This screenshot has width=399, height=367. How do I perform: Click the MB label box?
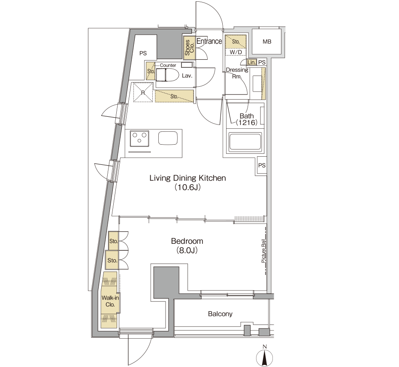(267, 42)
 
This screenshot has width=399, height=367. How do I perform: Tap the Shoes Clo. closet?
(189, 48)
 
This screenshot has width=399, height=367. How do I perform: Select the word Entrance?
(209, 41)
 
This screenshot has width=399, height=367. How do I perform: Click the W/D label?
(236, 52)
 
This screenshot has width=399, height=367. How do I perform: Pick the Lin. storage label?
(251, 62)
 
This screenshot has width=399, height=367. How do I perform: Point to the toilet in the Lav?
(164, 75)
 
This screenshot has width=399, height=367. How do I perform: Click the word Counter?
(168, 65)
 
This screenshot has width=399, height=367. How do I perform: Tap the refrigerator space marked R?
(143, 92)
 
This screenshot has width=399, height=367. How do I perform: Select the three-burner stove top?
(140, 138)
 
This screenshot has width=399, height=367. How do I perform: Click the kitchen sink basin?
(168, 138)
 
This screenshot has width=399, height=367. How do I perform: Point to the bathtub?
(245, 142)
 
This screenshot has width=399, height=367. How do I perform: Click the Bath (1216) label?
(246, 119)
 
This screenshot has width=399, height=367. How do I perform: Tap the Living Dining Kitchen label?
(187, 182)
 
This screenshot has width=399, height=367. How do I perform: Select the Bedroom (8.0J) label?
(187, 246)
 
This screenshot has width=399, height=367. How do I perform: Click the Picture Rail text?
(263, 251)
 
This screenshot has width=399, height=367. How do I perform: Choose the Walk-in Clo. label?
(110, 301)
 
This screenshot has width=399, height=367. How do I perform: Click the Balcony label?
(220, 314)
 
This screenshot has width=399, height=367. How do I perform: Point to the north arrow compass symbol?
(265, 356)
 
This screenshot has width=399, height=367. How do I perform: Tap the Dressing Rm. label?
(237, 73)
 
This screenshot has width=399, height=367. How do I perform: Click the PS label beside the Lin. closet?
(262, 62)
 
